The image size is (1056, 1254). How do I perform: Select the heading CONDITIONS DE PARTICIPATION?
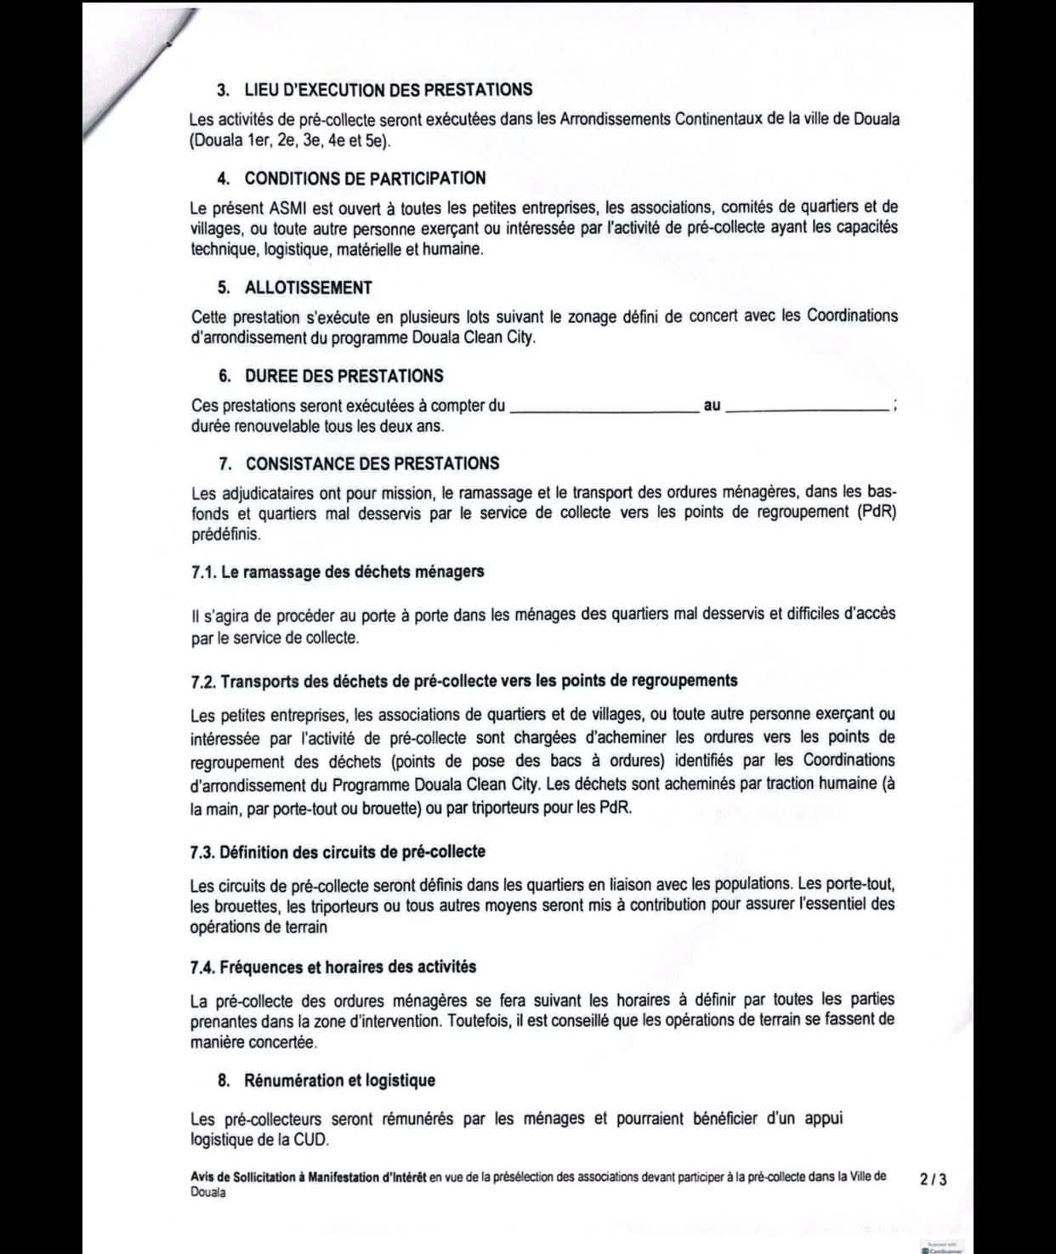pyautogui.click(x=365, y=179)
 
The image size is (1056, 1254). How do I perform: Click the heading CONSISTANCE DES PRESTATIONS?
pyautogui.click(x=372, y=463)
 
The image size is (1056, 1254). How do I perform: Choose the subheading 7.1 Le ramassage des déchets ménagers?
pyautogui.click(x=338, y=571)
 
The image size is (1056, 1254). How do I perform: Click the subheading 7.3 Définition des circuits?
pyautogui.click(x=338, y=852)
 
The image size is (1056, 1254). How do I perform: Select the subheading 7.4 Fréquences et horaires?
pyautogui.click(x=333, y=967)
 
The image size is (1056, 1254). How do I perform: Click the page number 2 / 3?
pyautogui.click(x=933, y=1179)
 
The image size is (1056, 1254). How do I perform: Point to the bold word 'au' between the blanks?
pyautogui.click(x=713, y=406)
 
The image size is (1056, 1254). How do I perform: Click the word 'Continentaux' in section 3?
pyautogui.click(x=718, y=119)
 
